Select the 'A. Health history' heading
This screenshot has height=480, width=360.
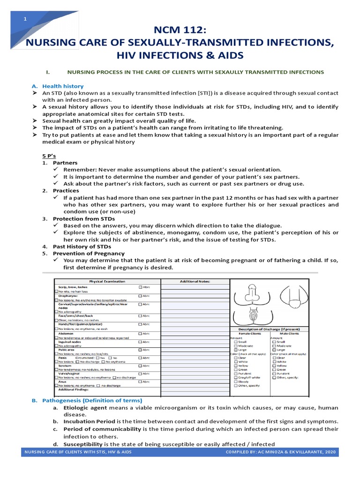tap(63, 86)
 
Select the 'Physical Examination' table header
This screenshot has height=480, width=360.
tap(107, 281)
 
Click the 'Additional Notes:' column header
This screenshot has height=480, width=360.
tap(195, 281)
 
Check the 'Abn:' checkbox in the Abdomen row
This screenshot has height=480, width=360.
tap(140, 334)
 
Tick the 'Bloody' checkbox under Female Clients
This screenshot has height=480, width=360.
tap(235, 382)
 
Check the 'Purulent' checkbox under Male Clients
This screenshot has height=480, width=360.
tap(274, 374)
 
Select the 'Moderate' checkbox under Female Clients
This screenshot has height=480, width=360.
tap(235, 345)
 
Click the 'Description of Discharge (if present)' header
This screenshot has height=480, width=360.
tap(269, 329)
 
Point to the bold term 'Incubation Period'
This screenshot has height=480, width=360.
tap(89, 422)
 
